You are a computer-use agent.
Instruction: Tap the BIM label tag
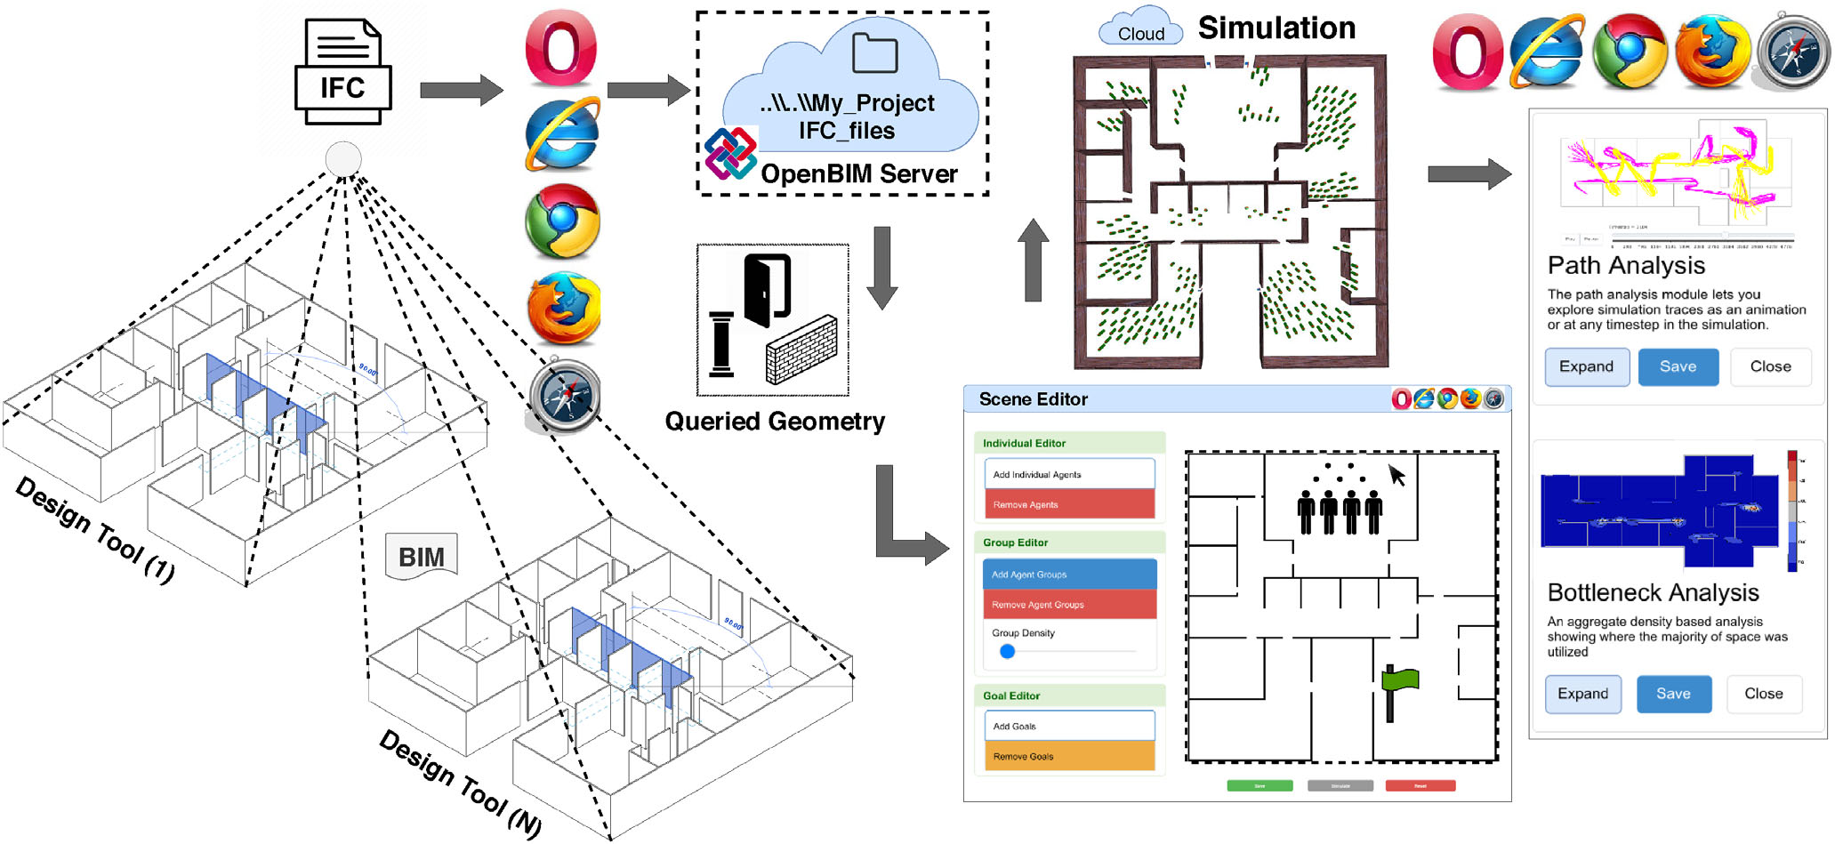click(422, 557)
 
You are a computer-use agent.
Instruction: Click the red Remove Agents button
click(1069, 504)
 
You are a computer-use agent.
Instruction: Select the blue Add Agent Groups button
click(1069, 575)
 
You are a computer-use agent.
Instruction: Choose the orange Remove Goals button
click(1069, 756)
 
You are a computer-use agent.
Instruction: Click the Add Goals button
click(1069, 726)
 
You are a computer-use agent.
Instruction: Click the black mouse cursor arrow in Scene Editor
click(1397, 475)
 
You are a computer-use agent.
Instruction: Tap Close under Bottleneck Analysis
click(1763, 694)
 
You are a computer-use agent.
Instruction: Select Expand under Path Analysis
click(1586, 366)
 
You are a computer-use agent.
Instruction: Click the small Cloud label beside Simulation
click(1140, 32)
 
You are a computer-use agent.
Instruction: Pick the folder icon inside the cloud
click(874, 53)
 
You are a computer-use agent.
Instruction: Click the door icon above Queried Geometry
click(767, 290)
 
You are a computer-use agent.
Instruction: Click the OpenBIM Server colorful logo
click(730, 153)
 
